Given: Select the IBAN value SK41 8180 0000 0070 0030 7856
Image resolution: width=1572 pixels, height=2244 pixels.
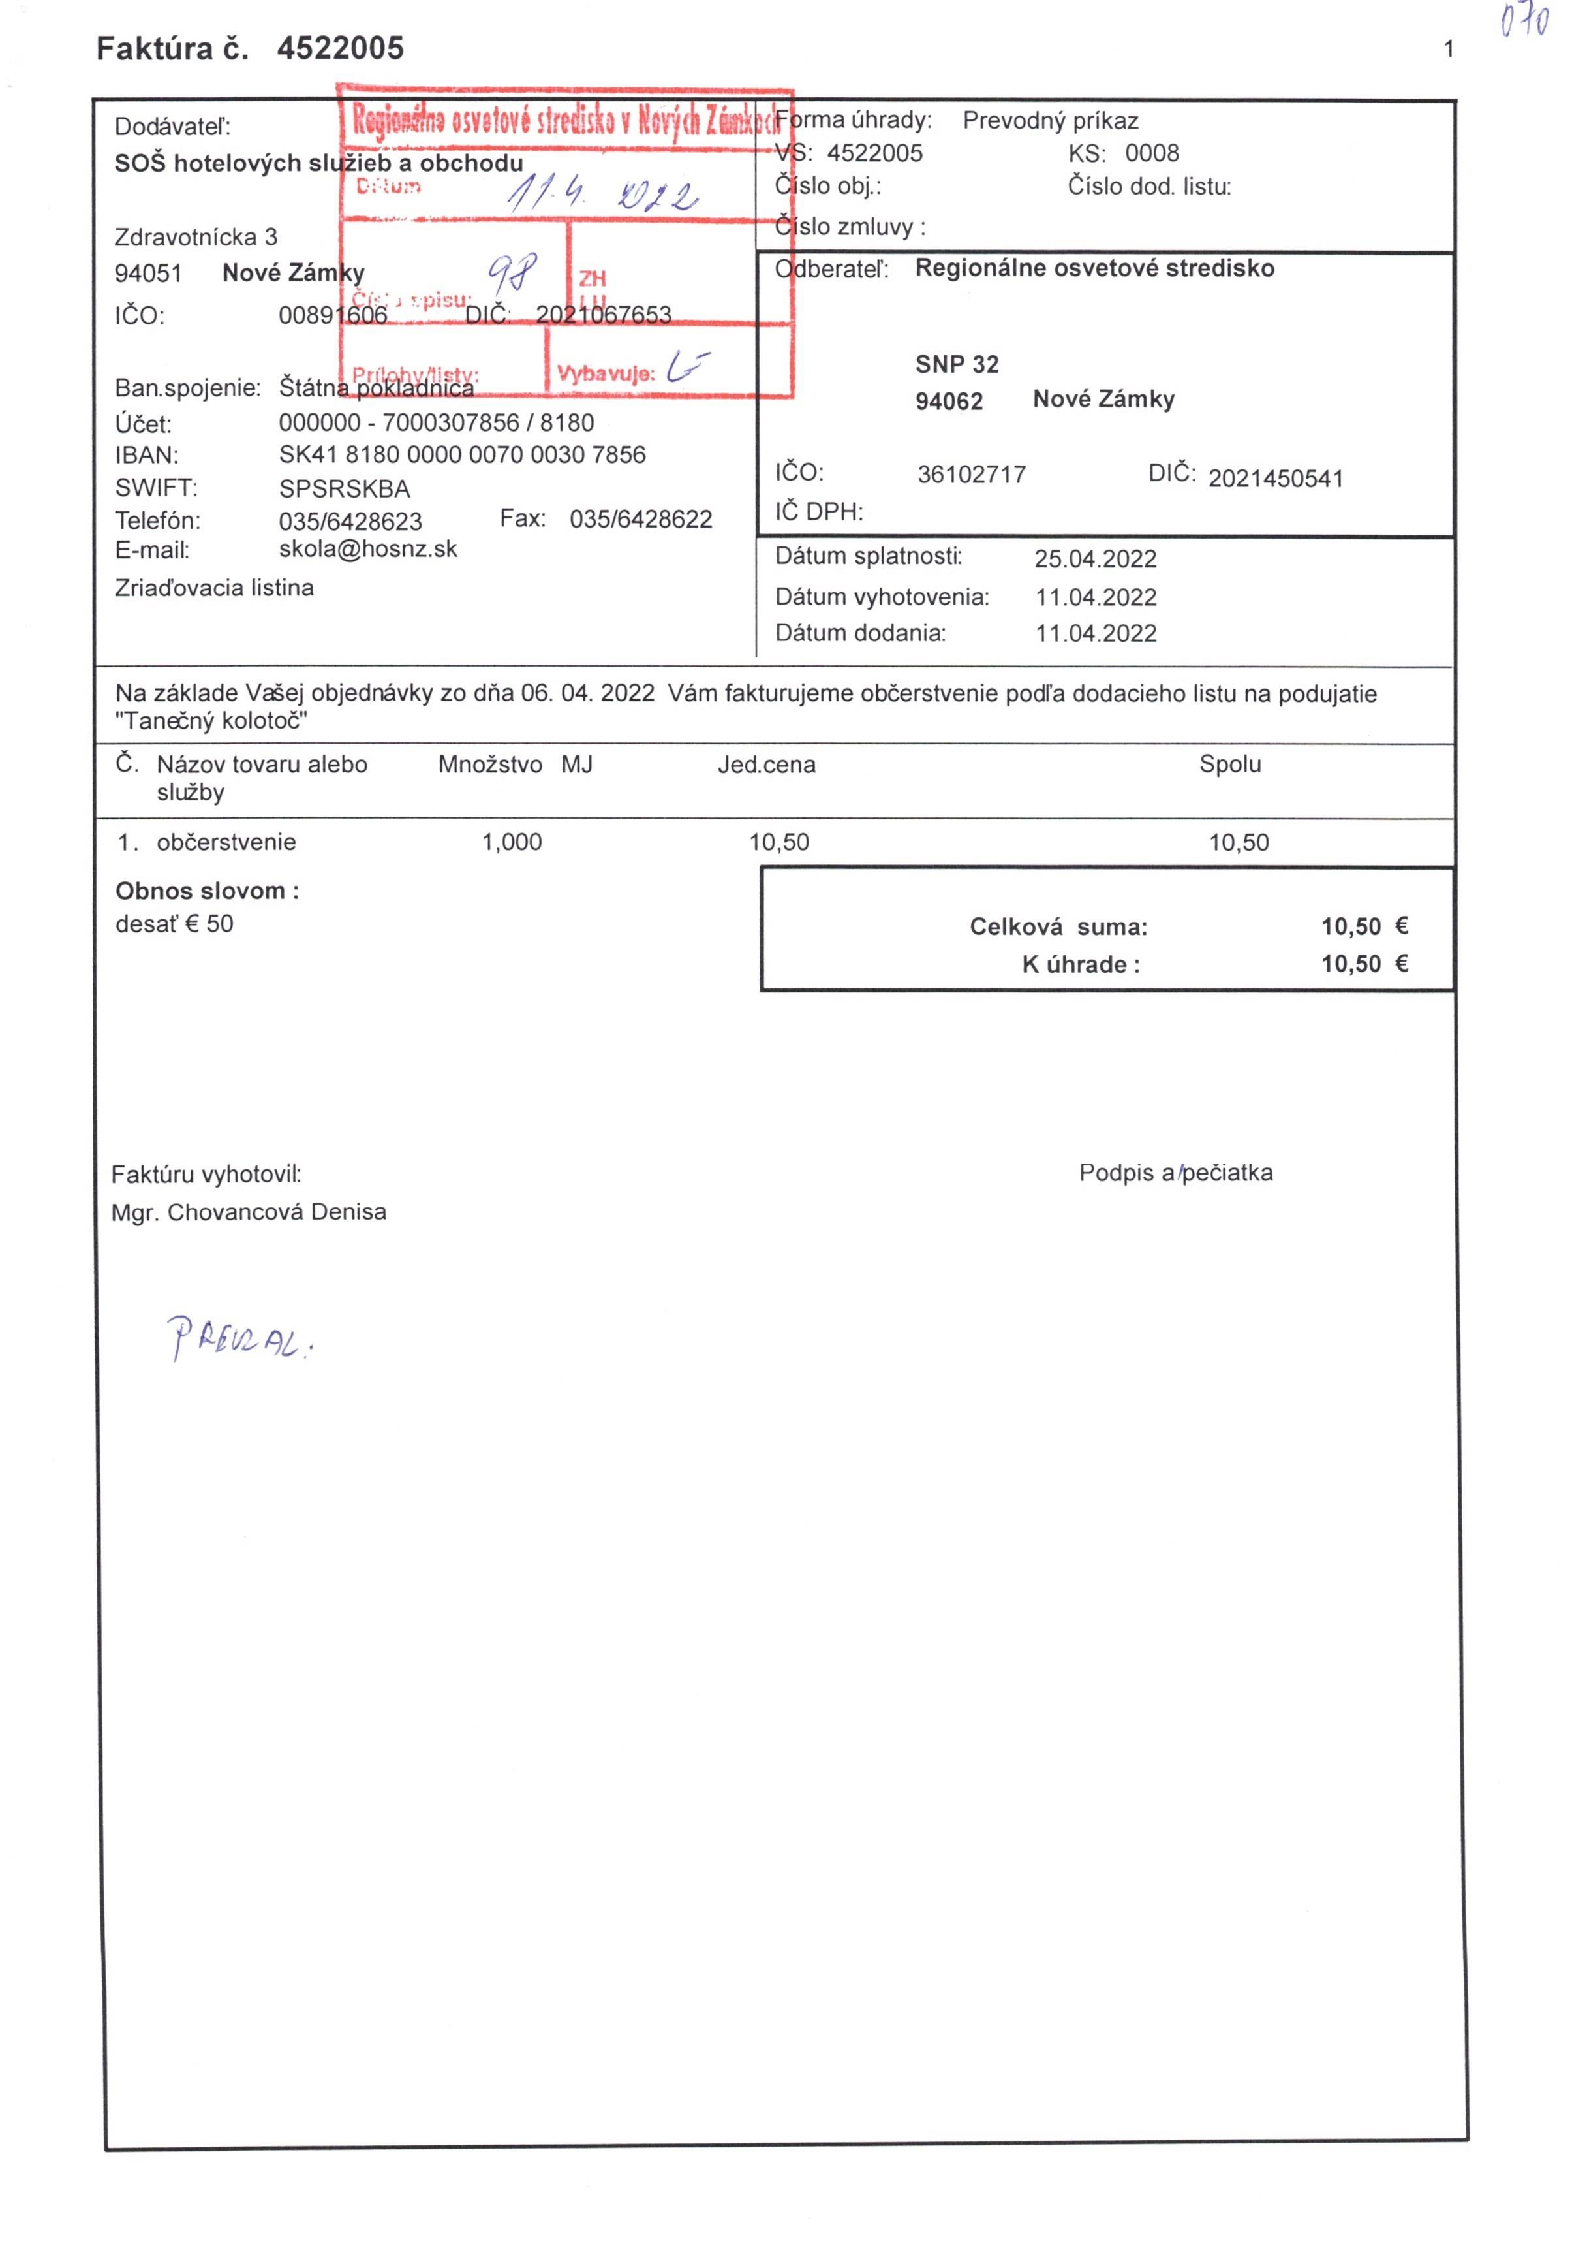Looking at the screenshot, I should click(462, 456).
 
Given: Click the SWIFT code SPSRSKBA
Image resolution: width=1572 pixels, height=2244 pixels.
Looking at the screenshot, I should click(344, 488).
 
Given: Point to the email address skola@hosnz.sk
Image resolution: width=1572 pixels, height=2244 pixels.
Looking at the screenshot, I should click(367, 549).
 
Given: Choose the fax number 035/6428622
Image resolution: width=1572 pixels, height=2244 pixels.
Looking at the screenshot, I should click(641, 519).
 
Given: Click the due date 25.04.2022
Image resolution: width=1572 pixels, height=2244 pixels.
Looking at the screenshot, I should click(1095, 559).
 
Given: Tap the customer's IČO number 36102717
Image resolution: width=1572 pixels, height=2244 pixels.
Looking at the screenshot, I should click(971, 475).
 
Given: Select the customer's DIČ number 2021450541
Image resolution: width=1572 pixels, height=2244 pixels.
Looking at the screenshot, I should click(1276, 479).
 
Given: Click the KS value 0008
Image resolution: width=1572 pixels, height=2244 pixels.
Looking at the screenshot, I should click(1152, 153).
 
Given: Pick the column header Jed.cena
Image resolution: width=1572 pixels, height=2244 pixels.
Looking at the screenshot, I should click(766, 765).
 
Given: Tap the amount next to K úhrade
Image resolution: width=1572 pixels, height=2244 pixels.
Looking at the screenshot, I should click(1364, 964).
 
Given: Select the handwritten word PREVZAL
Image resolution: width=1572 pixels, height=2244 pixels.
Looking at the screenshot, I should click(239, 1338).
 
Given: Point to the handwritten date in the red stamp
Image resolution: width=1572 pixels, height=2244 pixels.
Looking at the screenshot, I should click(601, 193).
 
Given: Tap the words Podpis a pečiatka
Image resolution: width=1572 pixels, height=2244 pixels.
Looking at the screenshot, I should click(1175, 1173).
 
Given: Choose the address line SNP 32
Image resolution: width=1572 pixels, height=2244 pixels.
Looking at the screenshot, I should click(957, 364).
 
